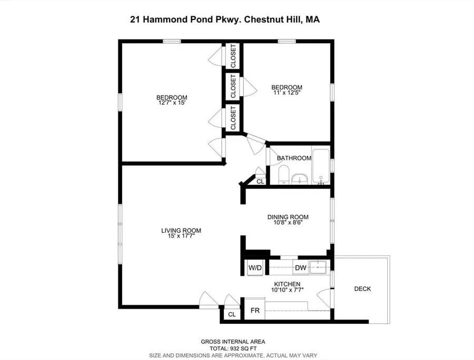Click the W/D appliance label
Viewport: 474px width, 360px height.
pos(255,268)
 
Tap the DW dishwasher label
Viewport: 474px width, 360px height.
pos(301,267)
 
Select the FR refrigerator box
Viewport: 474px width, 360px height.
pos(254,308)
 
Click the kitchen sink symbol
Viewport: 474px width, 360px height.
pos(318,267)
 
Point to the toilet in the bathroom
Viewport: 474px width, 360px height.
pos(283,175)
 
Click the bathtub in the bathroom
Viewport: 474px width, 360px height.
pos(321,166)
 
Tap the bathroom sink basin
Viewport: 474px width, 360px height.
pos(299,179)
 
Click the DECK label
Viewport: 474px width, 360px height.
pos(362,289)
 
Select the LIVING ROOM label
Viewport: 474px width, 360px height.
pos(181,231)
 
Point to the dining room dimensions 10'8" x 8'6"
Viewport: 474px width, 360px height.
pos(288,222)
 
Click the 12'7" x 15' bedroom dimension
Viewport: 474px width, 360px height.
pos(172,103)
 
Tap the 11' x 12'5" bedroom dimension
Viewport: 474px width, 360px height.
pos(287,93)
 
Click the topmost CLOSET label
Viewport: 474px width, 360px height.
pos(233,56)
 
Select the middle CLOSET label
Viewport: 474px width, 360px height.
pos(233,86)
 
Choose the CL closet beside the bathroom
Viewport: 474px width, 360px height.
pos(260,182)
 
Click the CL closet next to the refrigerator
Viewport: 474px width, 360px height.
pos(232,314)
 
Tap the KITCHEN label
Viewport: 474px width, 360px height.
pos(287,284)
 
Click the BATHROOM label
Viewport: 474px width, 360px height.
pos(294,158)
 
